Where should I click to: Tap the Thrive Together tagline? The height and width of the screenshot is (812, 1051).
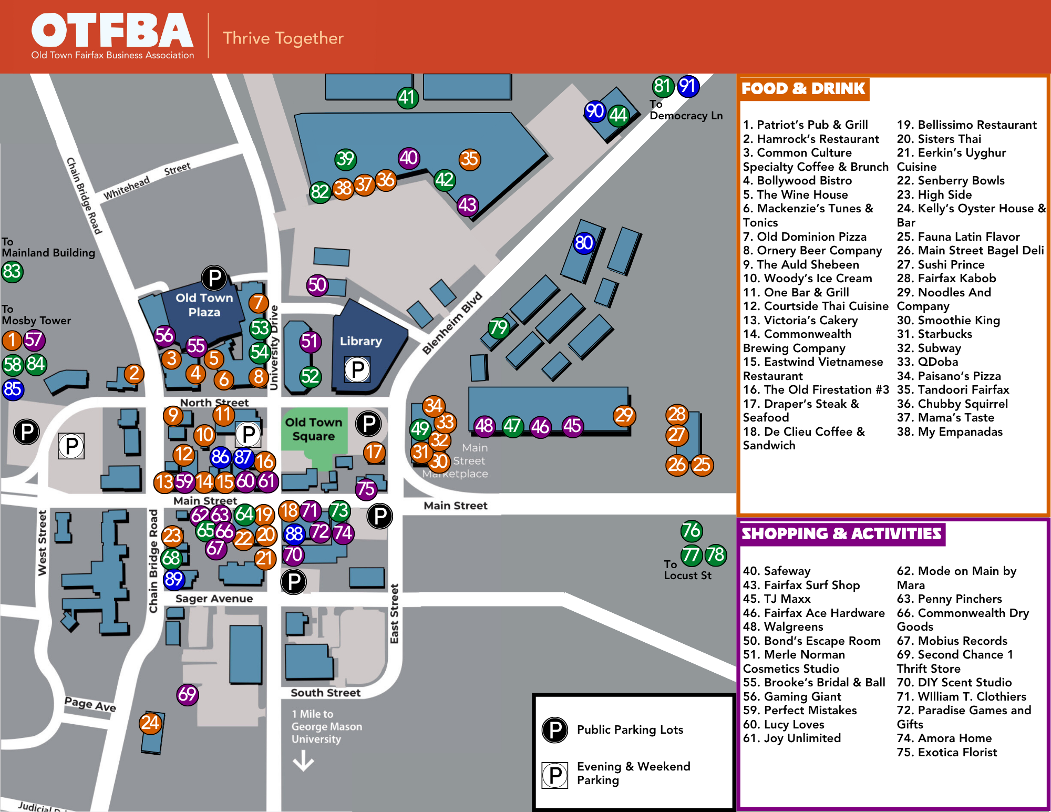coord(283,38)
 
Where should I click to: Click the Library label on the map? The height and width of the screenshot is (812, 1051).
coord(360,341)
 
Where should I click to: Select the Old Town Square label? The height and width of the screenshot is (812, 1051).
coord(314,429)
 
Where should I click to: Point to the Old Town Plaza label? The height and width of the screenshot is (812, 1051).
coord(204,305)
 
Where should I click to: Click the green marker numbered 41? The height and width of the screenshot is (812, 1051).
coord(407,97)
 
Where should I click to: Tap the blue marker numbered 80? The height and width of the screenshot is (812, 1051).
coord(583,243)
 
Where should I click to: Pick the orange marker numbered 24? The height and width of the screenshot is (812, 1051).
coord(150,723)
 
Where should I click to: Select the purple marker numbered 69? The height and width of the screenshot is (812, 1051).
coord(187,694)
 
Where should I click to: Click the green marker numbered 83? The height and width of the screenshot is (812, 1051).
coord(12,272)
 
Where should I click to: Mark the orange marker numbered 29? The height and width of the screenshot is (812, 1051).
coord(624,415)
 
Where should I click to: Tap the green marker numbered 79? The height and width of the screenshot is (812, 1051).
coord(498,327)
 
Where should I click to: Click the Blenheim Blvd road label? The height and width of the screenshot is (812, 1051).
coord(452,323)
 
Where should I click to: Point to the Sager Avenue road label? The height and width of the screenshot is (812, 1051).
coord(214,599)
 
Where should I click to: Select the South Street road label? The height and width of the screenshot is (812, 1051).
coord(326,693)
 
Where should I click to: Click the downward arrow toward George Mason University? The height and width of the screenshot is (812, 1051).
coord(303,760)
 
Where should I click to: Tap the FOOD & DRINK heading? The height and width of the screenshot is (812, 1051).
coord(803,88)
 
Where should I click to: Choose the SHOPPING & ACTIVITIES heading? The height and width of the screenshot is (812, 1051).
coord(841,533)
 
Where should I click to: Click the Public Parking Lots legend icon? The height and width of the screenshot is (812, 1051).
coord(555,729)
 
